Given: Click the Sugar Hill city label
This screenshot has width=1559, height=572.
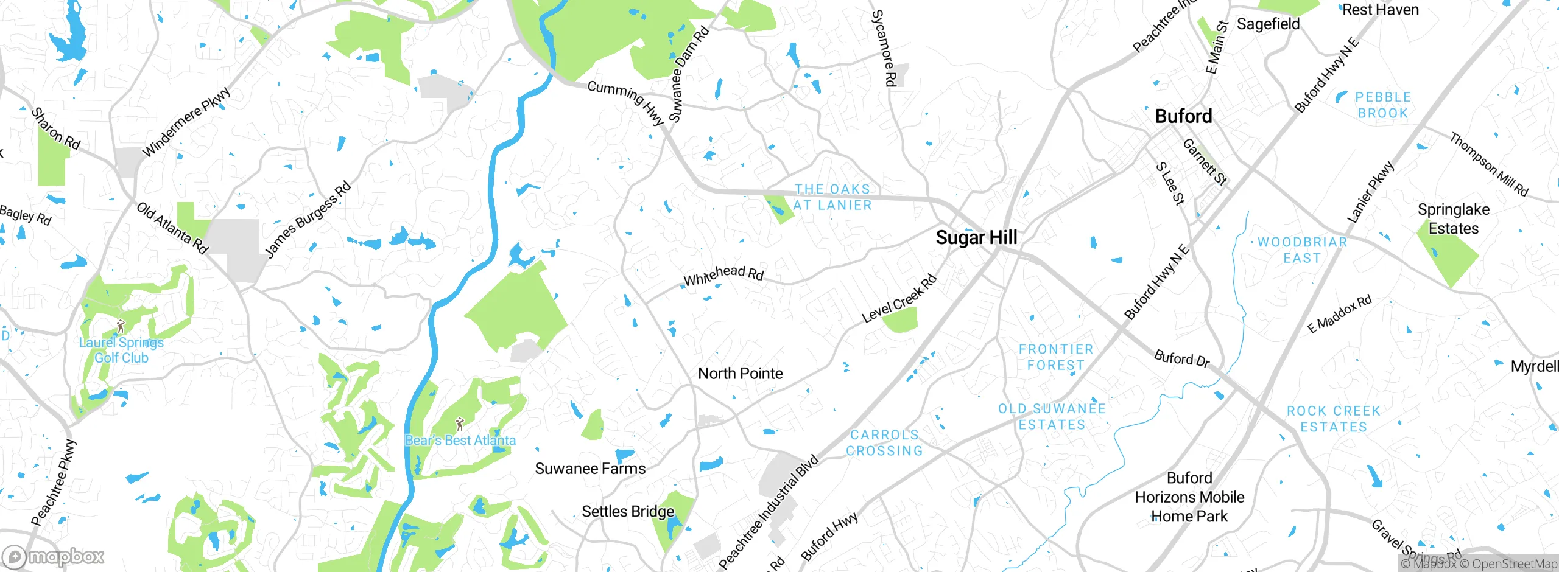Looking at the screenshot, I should click(x=976, y=237).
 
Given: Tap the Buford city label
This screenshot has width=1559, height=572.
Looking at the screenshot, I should click(x=1183, y=116).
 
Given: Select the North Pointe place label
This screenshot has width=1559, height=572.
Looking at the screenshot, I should click(x=740, y=373).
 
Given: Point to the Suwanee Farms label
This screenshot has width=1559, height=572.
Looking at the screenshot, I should click(x=590, y=469).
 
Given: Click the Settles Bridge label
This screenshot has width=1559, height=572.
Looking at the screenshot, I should click(x=628, y=511).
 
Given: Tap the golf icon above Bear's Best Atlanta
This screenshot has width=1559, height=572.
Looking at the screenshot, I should click(x=460, y=424).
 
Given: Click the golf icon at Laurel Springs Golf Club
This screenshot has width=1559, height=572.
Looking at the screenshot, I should click(x=121, y=326).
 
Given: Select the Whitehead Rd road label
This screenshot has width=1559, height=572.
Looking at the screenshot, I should click(x=723, y=275).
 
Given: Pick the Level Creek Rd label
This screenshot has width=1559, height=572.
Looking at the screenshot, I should click(x=899, y=299).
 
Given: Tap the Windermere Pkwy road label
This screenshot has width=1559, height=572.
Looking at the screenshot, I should click(x=186, y=122).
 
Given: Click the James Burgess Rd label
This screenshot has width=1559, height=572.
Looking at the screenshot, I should click(x=308, y=219).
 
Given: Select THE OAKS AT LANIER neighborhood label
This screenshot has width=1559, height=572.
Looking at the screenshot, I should click(x=832, y=197).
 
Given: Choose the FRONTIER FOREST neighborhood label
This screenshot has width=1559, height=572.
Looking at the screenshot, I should click(x=1056, y=357).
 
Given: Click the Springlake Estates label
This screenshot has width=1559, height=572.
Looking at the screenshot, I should click(x=1453, y=218).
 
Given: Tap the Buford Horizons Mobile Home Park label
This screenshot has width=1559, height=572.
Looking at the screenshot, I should click(x=1189, y=497).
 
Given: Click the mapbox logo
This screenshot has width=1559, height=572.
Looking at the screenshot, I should click(x=54, y=557).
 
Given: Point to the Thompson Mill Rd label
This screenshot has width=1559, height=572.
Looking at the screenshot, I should click(x=1488, y=164).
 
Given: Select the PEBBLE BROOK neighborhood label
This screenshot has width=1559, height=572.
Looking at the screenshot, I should click(x=1383, y=105).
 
